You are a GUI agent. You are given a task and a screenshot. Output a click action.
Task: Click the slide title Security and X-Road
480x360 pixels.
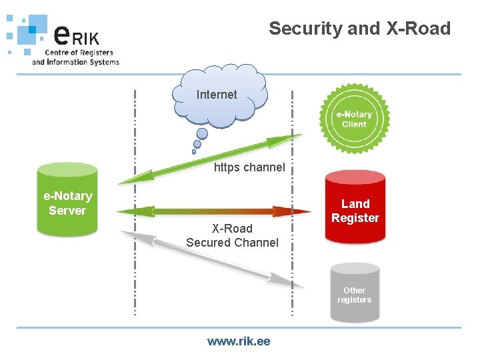pyautogui.click(x=359, y=29)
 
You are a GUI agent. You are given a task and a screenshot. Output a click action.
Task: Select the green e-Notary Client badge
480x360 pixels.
pyautogui.click(x=354, y=119)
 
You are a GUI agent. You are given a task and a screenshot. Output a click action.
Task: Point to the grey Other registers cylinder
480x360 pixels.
pyautogui.click(x=354, y=294)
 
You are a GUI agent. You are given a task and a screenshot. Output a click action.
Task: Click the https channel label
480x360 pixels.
pyautogui.click(x=249, y=167)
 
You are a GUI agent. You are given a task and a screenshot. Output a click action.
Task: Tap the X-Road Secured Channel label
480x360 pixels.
pyautogui.click(x=232, y=235)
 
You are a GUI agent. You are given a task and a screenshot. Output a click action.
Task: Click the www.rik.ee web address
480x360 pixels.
pyautogui.click(x=239, y=341)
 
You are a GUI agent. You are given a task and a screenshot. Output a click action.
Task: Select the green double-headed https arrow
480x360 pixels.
pyautogui.click(x=210, y=158)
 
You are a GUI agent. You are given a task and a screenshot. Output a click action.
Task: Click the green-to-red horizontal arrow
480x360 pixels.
pyautogui.click(x=213, y=211)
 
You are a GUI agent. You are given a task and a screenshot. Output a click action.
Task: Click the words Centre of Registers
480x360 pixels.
pyautogui.click(x=79, y=53)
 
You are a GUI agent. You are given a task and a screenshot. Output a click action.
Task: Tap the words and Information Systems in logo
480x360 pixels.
pyautogui.click(x=75, y=62)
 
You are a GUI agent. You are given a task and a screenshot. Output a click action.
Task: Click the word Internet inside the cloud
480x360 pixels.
pyautogui.click(x=217, y=95)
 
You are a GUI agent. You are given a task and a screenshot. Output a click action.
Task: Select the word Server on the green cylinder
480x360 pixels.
pyautogui.click(x=67, y=211)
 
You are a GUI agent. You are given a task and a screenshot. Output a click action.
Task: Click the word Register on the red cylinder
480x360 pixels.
pyautogui.click(x=355, y=218)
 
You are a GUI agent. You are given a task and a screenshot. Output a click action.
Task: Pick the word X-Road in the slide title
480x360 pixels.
pyautogui.click(x=418, y=29)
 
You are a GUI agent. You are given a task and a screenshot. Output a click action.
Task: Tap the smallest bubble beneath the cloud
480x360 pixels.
pyautogui.click(x=194, y=151)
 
